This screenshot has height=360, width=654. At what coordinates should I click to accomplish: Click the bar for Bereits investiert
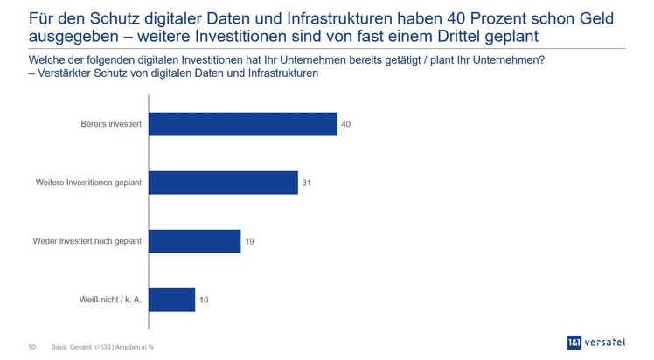243,124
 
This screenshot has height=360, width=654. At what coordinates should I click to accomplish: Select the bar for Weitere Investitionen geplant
223,183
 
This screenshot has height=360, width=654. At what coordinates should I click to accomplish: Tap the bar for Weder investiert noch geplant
194,241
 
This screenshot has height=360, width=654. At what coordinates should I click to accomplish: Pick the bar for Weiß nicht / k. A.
171,300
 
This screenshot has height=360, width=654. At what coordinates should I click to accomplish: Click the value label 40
346,124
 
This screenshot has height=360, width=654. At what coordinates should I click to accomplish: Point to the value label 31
307,183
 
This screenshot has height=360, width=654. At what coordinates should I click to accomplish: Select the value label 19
249,241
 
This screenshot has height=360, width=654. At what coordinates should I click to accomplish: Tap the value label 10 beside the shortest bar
204,300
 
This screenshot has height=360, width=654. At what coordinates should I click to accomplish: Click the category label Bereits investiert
112,124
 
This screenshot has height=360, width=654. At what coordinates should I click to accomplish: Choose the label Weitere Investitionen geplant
89,183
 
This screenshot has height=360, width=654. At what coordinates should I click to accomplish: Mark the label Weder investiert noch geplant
87,241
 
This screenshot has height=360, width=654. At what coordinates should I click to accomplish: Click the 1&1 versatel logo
598,342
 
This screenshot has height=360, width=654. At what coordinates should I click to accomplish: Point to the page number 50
32,347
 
